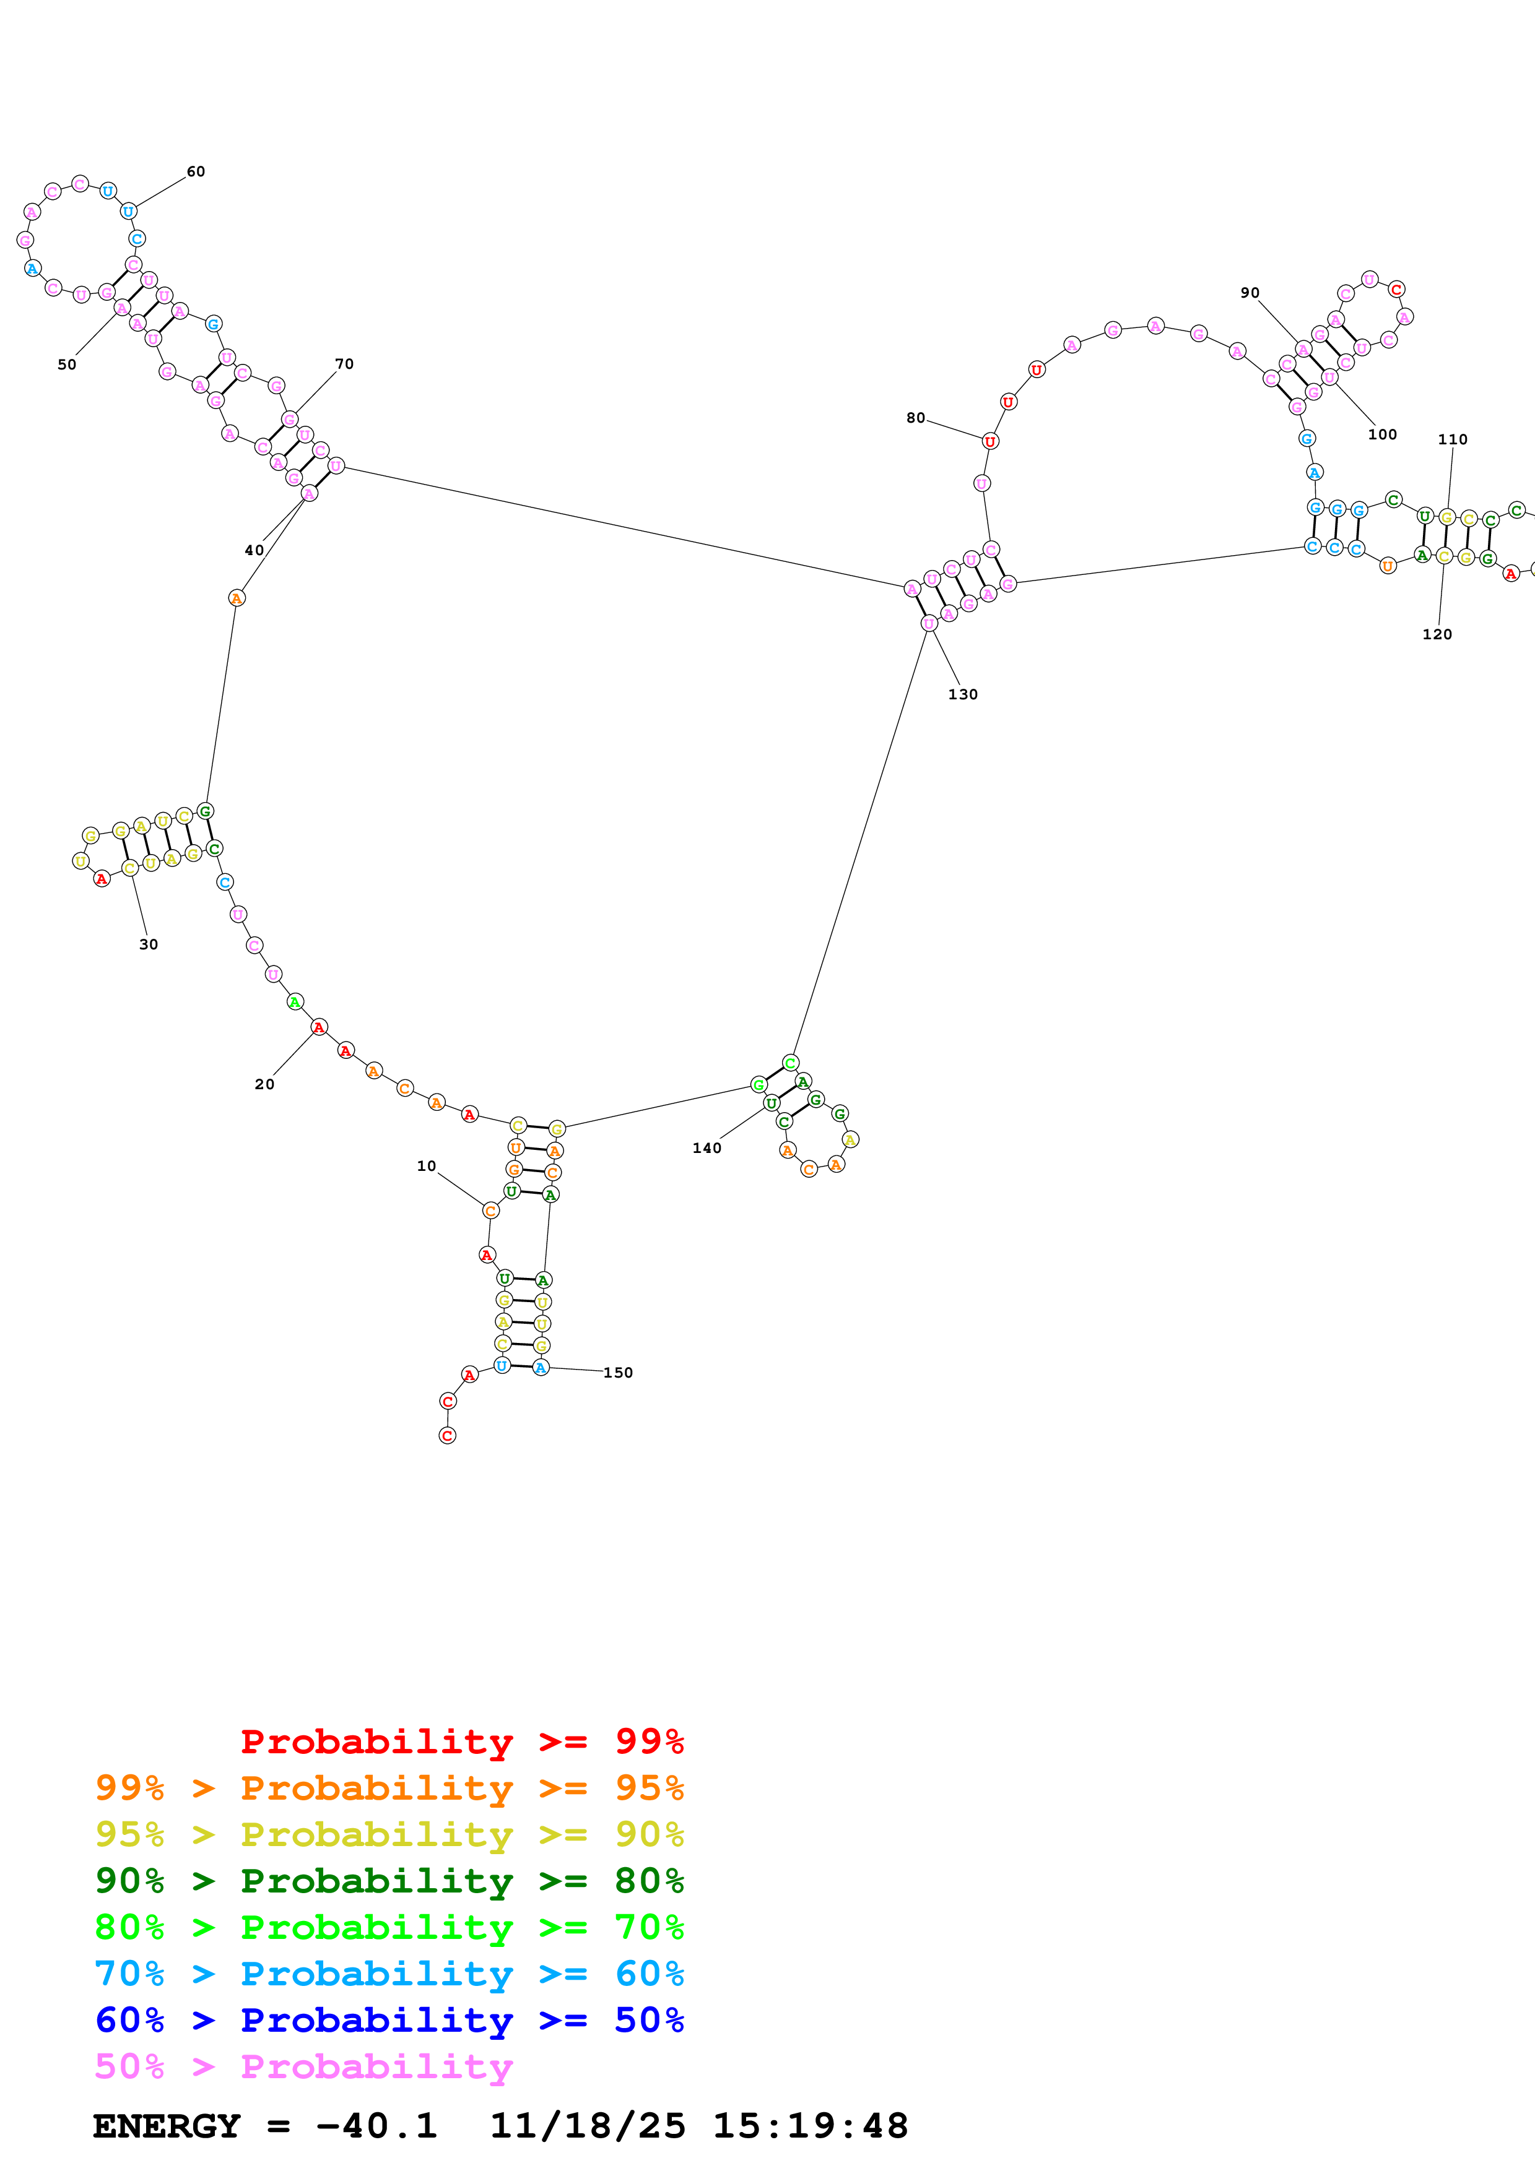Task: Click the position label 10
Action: point(427,1166)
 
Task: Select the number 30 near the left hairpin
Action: point(149,944)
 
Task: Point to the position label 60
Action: point(196,172)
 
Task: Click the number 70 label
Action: point(344,364)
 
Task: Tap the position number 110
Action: point(1453,439)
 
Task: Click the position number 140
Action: point(707,1149)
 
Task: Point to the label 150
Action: point(619,1373)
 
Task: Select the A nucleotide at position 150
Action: point(540,1367)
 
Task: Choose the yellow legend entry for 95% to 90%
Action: point(389,1834)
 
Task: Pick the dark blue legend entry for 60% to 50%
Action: point(389,2021)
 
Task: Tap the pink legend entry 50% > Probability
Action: point(303,2067)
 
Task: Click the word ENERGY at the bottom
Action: point(167,2126)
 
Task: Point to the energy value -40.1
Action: point(376,2126)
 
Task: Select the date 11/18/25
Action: point(588,2126)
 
